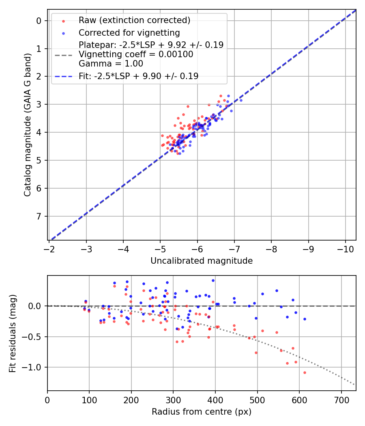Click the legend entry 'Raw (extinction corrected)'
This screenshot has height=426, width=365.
(x=134, y=20)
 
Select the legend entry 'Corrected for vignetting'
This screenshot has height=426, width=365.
(x=129, y=32)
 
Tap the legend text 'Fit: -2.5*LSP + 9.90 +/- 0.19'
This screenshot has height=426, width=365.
(x=138, y=76)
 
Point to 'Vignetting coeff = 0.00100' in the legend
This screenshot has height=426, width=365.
(x=136, y=54)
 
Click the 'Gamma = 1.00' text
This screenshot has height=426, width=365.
(x=111, y=63)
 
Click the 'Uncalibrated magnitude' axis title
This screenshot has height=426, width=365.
(x=202, y=261)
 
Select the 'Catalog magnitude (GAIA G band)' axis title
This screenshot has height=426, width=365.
(x=27, y=125)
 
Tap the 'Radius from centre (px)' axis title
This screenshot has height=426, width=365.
(x=202, y=412)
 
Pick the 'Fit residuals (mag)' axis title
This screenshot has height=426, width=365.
(x=13, y=333)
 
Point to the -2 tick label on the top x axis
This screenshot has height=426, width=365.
(x=49, y=247)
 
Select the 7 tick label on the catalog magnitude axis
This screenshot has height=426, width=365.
(x=39, y=216)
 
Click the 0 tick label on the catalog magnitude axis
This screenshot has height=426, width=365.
(x=39, y=21)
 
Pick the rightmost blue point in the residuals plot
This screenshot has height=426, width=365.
(x=305, y=319)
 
